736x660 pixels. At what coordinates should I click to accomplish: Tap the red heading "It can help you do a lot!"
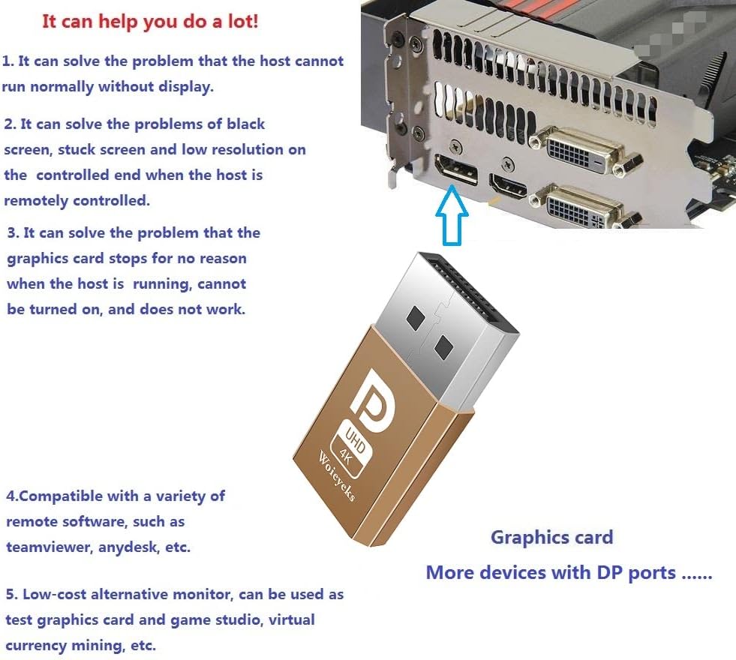pos(150,22)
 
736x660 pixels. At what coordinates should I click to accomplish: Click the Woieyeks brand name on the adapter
pos(337,476)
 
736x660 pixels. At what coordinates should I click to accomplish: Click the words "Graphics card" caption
pos(552,538)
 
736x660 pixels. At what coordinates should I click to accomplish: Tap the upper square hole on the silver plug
pos(416,317)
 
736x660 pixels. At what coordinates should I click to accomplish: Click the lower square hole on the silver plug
pos(443,347)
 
